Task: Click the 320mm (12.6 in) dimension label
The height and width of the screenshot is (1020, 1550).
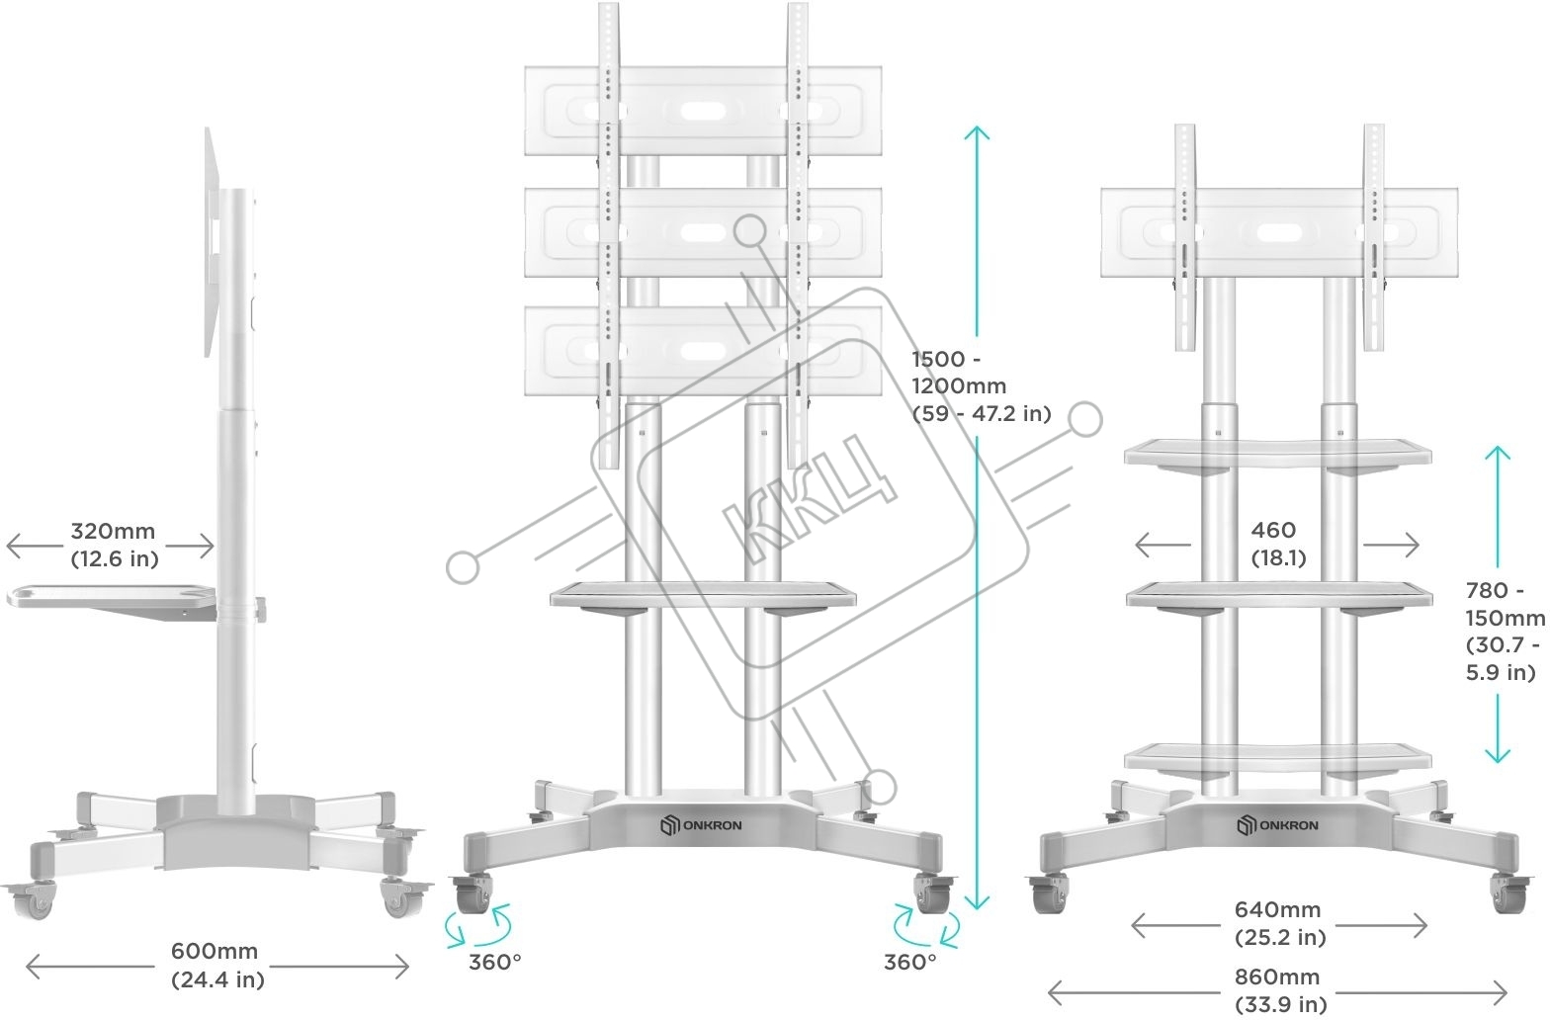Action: [115, 545]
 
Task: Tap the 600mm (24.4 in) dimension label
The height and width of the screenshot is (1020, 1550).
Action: [217, 965]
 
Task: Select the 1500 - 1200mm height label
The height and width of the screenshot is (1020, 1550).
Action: [982, 386]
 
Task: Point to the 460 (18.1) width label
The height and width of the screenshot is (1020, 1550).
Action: [1277, 544]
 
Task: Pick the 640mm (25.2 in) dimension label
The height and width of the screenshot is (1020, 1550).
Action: [1279, 923]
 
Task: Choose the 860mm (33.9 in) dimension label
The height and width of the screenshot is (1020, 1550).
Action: [1279, 990]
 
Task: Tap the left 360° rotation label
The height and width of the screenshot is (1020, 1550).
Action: [494, 962]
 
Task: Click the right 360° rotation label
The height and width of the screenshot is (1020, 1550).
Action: [909, 962]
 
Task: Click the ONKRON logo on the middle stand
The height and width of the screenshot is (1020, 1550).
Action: [700, 825]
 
